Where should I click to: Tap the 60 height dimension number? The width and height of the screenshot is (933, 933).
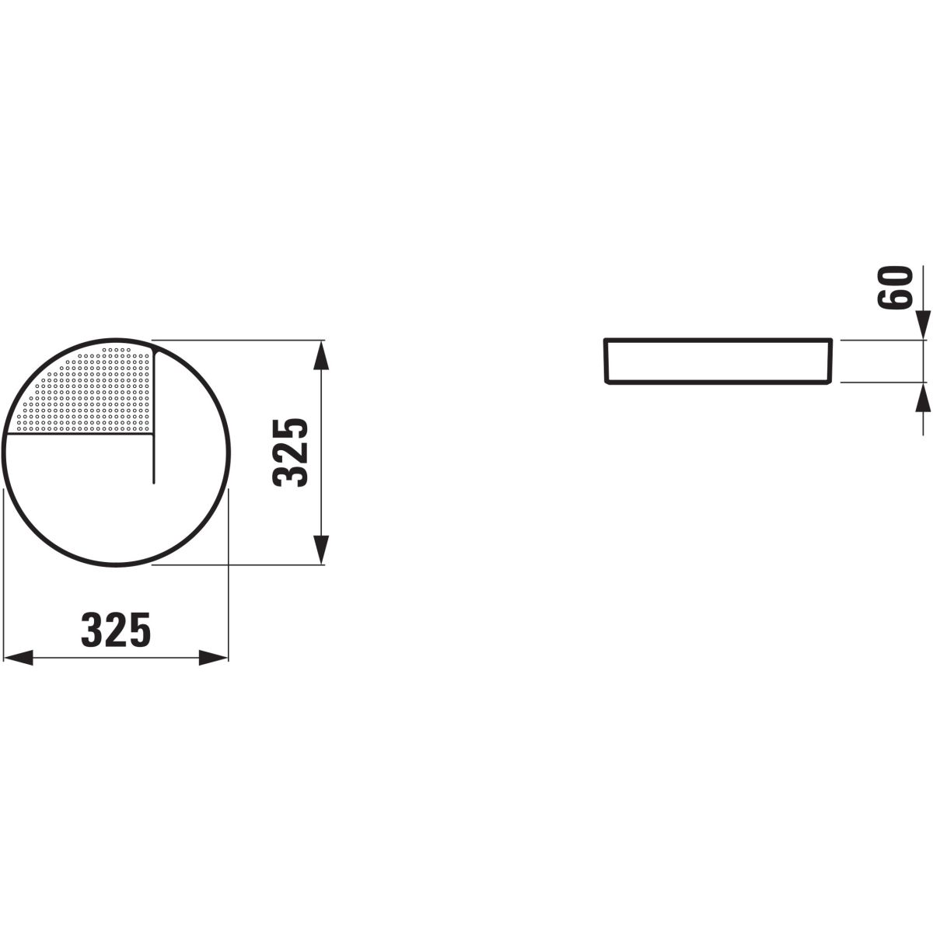(x=895, y=287)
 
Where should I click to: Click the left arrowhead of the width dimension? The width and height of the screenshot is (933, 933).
(x=18, y=658)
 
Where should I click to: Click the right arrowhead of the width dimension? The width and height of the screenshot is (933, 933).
(x=214, y=658)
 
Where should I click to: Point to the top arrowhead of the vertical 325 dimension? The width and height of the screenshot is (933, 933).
(x=321, y=355)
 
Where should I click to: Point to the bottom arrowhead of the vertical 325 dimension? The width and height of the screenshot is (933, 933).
(x=321, y=550)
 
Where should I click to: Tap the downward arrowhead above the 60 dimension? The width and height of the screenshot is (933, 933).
(x=923, y=325)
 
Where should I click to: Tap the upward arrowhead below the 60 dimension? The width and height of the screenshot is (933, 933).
(x=923, y=397)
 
